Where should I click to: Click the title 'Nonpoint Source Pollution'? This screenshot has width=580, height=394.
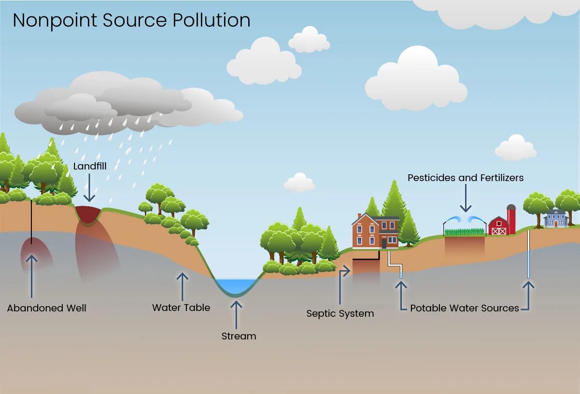point(131,20)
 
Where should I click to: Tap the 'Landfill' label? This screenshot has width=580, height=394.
point(90,167)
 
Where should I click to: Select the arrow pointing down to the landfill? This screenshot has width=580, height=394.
point(89,189)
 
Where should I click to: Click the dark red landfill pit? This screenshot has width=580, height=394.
point(88,214)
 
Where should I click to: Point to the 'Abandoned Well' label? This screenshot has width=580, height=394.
point(47,308)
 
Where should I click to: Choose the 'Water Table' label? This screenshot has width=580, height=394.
point(181,308)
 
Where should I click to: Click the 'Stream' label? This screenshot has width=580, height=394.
point(239,336)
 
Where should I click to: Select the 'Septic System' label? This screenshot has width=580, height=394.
point(340,314)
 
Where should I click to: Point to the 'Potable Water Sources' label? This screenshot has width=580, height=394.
point(464,308)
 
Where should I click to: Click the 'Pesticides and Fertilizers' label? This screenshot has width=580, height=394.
point(466,178)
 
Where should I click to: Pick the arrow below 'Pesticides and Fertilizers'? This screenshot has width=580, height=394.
point(466,199)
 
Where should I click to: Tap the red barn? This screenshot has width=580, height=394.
point(498,226)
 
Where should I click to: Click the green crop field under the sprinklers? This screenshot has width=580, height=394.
point(464,232)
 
